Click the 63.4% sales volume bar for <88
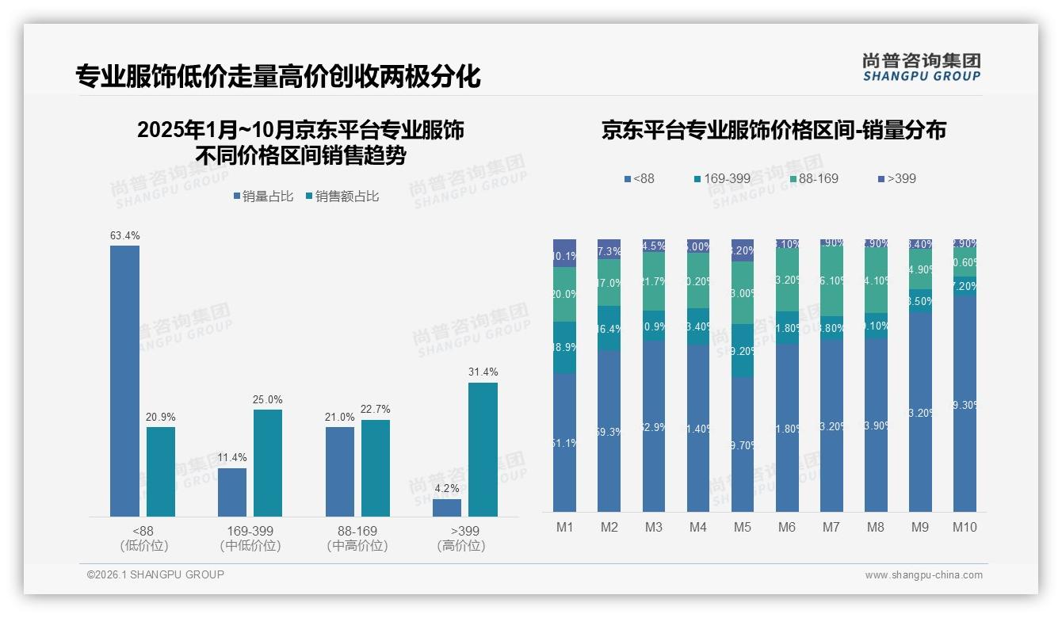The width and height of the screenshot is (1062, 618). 124,380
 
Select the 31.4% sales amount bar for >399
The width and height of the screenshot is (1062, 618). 483,449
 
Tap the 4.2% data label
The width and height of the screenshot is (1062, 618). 447,489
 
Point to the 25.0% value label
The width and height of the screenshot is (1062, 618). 268,399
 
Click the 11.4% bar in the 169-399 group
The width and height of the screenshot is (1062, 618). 232,492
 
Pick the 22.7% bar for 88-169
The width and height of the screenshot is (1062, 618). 376,467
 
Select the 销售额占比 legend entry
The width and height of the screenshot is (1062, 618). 342,196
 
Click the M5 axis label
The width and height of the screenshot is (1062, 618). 742,528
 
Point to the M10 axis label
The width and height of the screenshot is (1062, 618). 964,528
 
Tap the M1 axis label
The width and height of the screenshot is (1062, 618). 564,528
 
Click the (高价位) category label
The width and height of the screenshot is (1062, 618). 460,546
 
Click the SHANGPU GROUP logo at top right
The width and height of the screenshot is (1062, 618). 921,67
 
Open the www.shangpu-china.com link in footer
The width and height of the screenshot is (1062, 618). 923,575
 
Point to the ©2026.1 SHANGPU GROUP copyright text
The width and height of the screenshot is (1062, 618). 155,574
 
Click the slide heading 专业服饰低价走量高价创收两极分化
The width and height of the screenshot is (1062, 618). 278,77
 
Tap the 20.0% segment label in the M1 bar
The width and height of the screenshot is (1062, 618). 564,294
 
